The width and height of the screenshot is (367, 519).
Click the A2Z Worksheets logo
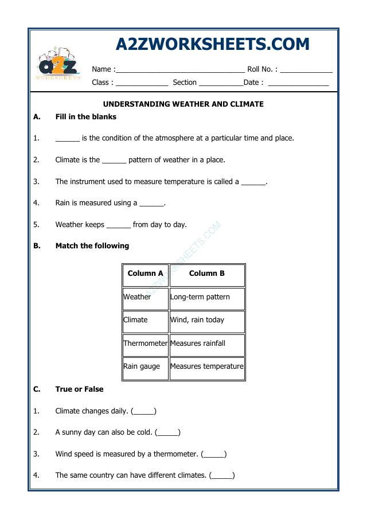click(x=58, y=64)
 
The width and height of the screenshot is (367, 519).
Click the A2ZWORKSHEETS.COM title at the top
click(x=212, y=44)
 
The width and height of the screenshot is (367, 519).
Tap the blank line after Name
click(x=180, y=70)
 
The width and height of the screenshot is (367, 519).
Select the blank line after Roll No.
click(x=306, y=70)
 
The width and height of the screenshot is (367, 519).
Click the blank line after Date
click(x=298, y=84)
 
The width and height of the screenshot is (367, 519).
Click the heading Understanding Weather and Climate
click(x=183, y=104)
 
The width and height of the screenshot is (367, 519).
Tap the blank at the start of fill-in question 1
click(x=67, y=139)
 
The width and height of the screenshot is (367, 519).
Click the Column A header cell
click(x=145, y=274)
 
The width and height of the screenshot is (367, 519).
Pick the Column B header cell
click(x=207, y=274)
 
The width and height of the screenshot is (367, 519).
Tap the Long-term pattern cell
click(x=207, y=297)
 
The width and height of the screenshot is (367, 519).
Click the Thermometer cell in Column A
click(x=145, y=344)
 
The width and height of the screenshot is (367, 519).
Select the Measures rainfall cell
click(x=207, y=344)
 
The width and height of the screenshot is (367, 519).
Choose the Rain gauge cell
click(x=145, y=366)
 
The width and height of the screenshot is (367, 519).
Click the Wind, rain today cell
click(x=207, y=320)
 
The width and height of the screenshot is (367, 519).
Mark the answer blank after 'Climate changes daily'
click(x=143, y=411)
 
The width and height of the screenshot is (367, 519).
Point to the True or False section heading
click(x=79, y=389)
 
